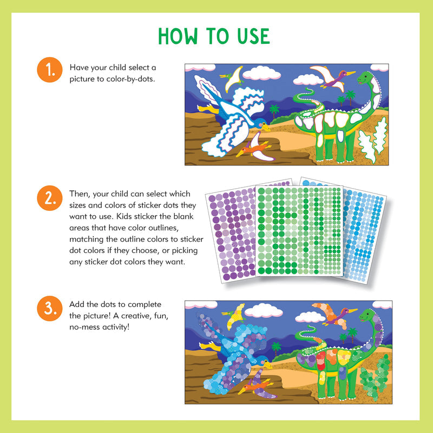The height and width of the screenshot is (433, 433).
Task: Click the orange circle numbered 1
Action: pyautogui.click(x=50, y=71)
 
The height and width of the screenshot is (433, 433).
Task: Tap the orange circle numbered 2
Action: pyautogui.click(x=50, y=198)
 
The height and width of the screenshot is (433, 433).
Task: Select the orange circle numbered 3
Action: pyautogui.click(x=50, y=309)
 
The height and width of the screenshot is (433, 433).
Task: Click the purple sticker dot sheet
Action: pyautogui.click(x=227, y=232)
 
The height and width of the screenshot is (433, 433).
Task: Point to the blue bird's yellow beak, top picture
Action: pyautogui.click(x=266, y=128)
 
